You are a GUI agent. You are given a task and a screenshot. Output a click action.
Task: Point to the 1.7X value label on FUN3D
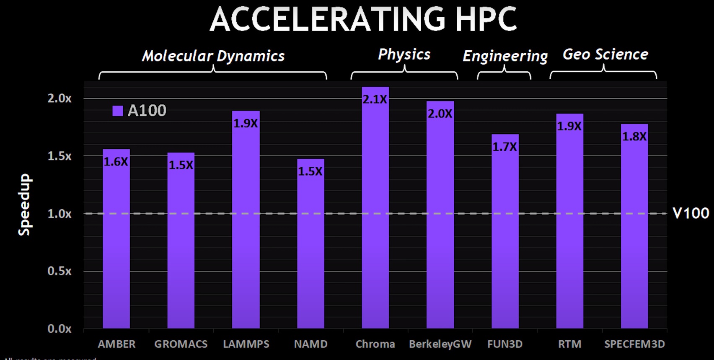504,147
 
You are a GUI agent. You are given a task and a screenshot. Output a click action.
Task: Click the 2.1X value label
375,100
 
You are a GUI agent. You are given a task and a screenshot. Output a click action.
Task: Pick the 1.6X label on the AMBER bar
116,162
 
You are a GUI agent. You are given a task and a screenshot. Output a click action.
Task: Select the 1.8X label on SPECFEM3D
634,137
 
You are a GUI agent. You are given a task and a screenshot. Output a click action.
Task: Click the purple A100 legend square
118,111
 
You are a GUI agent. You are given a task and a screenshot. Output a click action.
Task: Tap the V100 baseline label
691,213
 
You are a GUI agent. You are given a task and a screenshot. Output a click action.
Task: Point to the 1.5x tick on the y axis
59,156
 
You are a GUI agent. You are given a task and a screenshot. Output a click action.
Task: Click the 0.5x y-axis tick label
59,271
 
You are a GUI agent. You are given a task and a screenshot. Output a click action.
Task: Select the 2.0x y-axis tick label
59,98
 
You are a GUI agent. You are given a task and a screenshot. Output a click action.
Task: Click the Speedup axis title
25,205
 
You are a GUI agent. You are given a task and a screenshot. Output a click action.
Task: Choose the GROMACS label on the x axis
181,344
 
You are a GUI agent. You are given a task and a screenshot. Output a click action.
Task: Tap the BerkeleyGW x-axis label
440,344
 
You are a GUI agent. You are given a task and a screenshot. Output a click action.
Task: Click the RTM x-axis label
569,344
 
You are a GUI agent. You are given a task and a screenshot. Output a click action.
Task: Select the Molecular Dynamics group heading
213,56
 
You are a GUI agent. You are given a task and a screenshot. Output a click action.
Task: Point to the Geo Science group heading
605,54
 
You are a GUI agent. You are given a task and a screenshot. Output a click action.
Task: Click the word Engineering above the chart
505,56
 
